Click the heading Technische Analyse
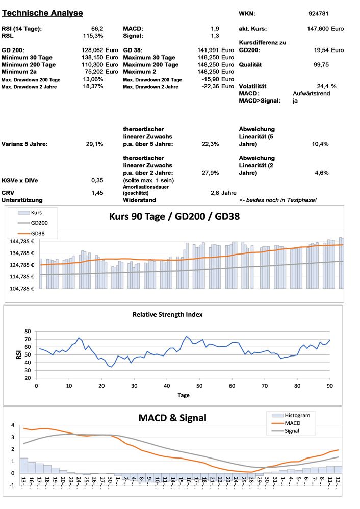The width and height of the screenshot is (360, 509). (42, 13)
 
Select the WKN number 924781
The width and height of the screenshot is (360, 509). (319, 13)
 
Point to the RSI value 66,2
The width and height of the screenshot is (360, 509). (97, 29)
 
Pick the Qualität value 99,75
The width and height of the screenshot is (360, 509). (321, 65)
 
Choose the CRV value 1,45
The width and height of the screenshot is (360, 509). (97, 193)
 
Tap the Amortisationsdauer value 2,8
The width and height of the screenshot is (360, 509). (214, 193)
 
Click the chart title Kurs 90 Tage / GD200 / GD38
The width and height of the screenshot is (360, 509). (173, 216)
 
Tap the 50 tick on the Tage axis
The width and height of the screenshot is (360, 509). (199, 385)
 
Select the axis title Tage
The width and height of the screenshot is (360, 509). (184, 395)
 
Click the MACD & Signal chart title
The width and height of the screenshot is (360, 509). (172, 418)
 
